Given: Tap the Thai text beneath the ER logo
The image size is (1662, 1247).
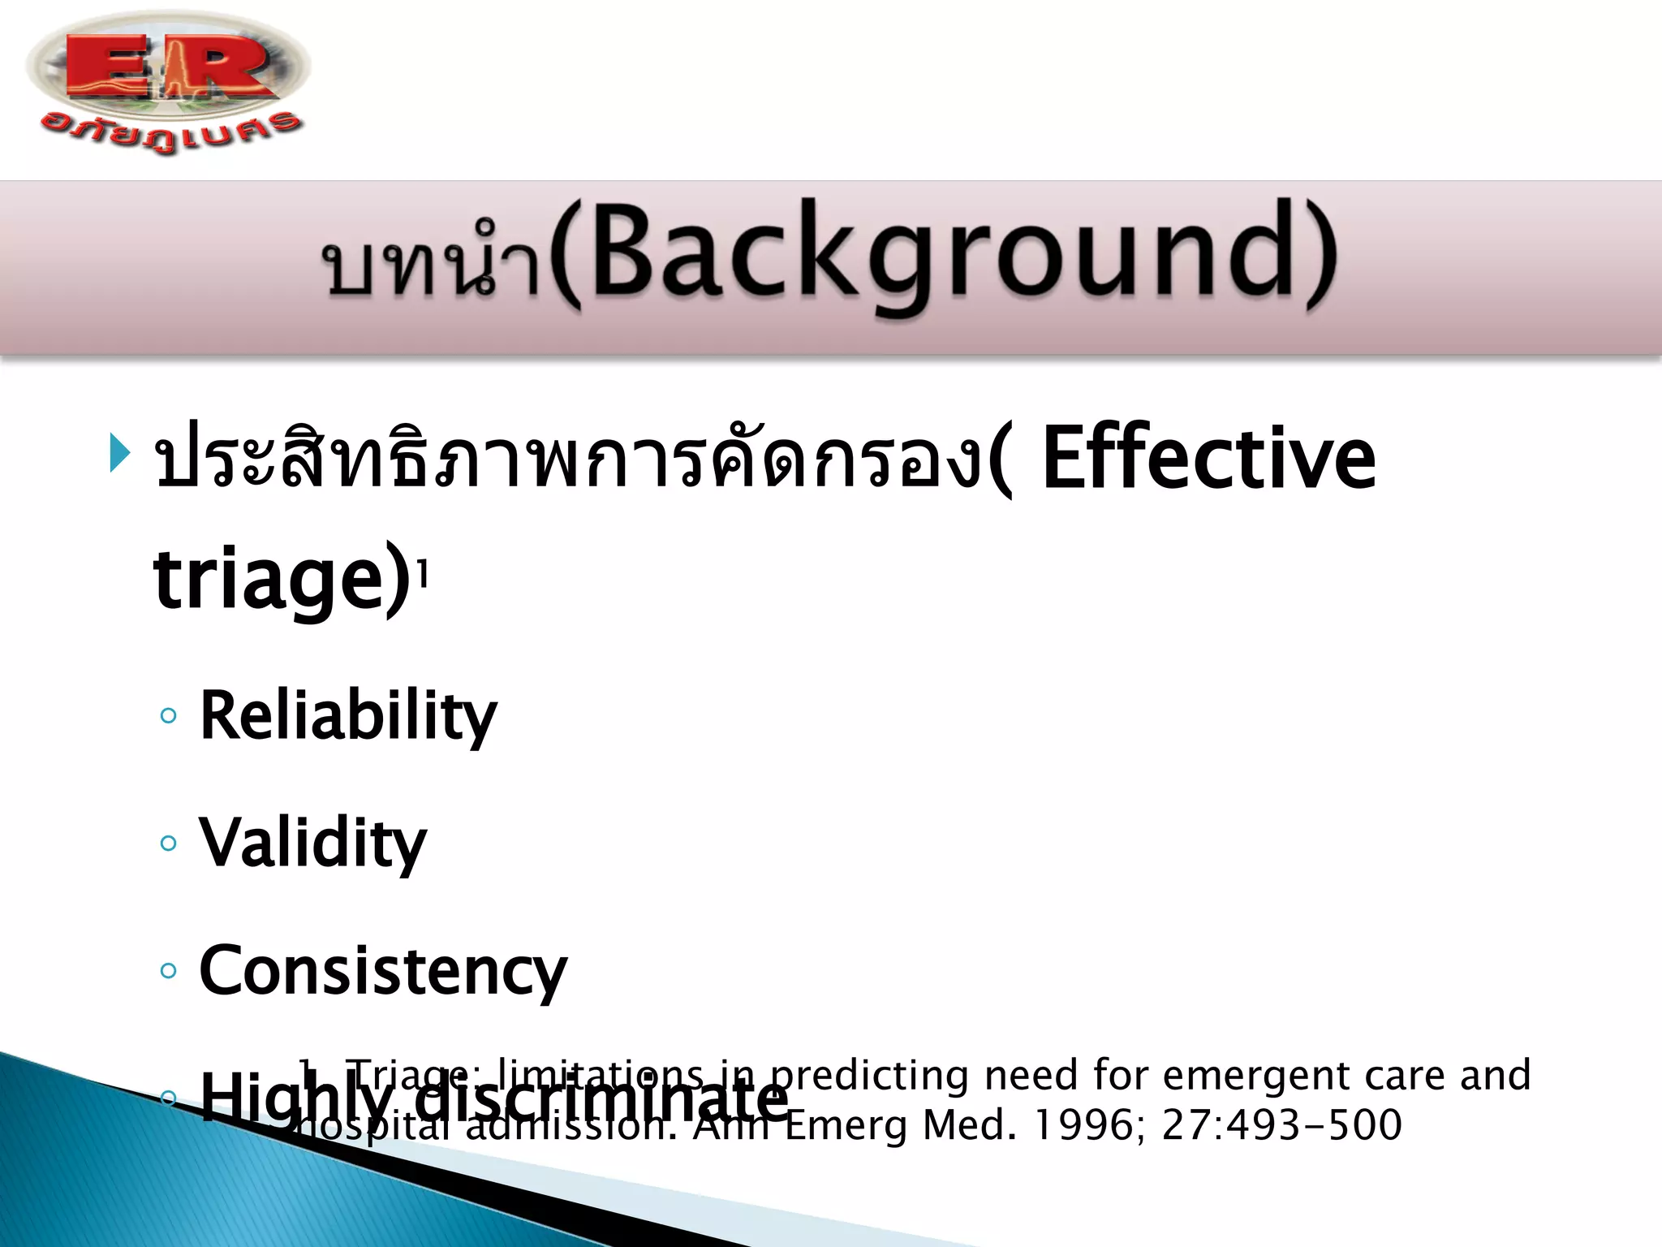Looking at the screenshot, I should (x=170, y=132).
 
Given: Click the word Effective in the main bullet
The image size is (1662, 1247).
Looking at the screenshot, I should (x=1208, y=459).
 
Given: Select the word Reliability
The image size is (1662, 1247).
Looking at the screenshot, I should (x=347, y=716).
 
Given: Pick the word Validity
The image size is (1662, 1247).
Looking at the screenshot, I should (x=312, y=844).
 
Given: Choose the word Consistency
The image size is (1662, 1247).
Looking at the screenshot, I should (x=383, y=971).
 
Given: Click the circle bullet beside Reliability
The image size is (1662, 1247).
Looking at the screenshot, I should (x=169, y=716).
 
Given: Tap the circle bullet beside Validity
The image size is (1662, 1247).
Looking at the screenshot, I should (x=169, y=844).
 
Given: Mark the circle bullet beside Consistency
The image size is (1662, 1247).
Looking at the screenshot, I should (x=169, y=971).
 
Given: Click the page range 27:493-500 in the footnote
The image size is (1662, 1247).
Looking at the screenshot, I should (x=1281, y=1126).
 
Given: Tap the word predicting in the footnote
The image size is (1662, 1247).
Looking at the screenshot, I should (x=869, y=1077).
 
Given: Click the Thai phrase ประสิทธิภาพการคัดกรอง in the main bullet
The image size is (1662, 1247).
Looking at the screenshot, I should (x=568, y=459).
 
